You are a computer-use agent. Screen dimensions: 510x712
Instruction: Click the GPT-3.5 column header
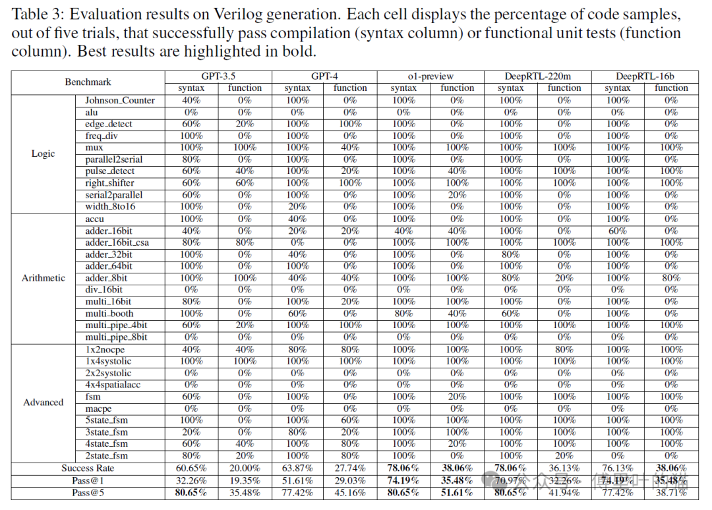pos(218,76)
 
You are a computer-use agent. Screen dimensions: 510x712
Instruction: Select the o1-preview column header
pos(430,76)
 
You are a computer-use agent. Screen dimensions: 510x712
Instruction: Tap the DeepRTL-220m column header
pos(537,76)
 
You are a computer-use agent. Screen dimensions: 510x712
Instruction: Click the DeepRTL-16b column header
pos(644,76)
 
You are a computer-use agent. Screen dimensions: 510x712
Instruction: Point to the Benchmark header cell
pos(88,82)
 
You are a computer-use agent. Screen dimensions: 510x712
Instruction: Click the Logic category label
pos(44,154)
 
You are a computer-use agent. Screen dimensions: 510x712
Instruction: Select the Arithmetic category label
pos(44,278)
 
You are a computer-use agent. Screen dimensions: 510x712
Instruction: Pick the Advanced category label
pos(44,402)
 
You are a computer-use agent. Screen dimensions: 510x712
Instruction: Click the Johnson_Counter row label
pos(120,100)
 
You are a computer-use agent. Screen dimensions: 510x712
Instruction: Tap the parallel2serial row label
pos(113,159)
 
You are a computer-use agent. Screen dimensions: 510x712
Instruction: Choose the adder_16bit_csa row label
pos(117,242)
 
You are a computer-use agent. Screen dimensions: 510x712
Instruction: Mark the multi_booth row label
pos(109,314)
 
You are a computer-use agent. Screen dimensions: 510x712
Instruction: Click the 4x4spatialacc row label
pos(113,385)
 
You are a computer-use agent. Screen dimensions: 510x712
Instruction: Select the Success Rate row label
pos(88,468)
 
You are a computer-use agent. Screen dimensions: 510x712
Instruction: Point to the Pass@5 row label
pos(88,492)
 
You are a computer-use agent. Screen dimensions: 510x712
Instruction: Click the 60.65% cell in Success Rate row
pos(191,468)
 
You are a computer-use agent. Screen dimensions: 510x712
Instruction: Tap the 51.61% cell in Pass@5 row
pos(457,492)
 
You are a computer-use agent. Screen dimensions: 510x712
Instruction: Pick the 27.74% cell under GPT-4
pos(350,468)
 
